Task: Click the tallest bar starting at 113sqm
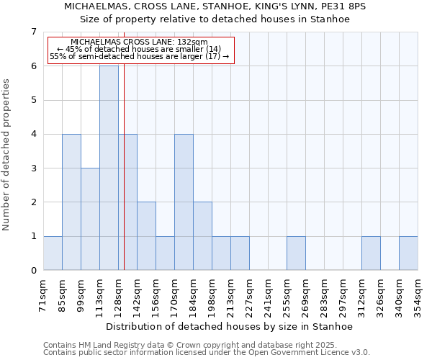(109, 168)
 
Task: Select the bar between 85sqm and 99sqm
(71, 202)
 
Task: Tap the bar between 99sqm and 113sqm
(90, 219)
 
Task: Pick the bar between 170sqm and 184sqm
(184, 202)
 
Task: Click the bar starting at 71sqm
(53, 253)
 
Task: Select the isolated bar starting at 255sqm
(296, 253)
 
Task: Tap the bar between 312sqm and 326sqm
(371, 253)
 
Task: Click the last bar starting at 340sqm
(408, 253)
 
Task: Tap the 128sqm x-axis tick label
(118, 294)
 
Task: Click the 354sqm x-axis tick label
(418, 294)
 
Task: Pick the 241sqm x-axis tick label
(268, 294)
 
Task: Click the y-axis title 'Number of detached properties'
(6, 154)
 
